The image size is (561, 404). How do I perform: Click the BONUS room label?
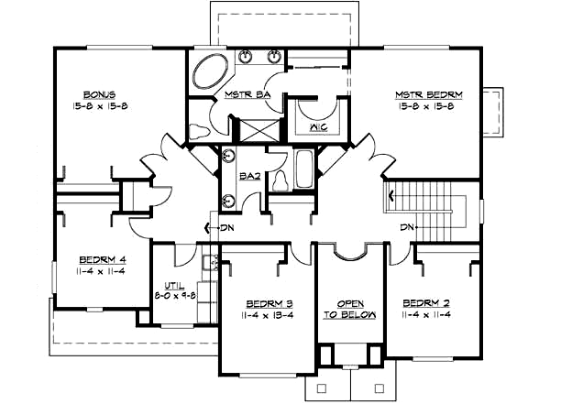(98, 94)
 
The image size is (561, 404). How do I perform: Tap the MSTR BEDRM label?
(428, 95)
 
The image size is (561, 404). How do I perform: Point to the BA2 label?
(247, 175)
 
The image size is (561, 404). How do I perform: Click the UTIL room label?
(174, 285)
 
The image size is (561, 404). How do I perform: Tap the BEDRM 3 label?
(268, 304)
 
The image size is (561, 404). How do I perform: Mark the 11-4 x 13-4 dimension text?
(268, 315)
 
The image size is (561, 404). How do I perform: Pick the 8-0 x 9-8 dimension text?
(174, 295)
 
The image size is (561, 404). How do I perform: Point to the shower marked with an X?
(247, 128)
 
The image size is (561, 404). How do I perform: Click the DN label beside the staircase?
(408, 227)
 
